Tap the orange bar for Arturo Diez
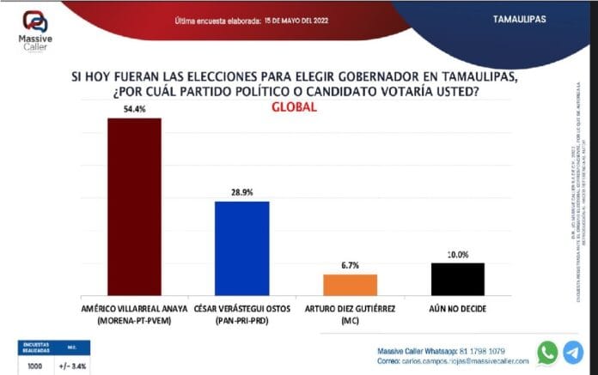(x=350, y=285)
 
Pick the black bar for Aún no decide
(x=457, y=280)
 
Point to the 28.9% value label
(x=242, y=194)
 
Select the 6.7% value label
(x=350, y=266)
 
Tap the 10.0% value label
(x=457, y=255)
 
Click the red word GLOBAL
(x=295, y=107)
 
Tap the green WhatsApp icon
(x=547, y=352)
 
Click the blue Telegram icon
(x=572, y=352)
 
